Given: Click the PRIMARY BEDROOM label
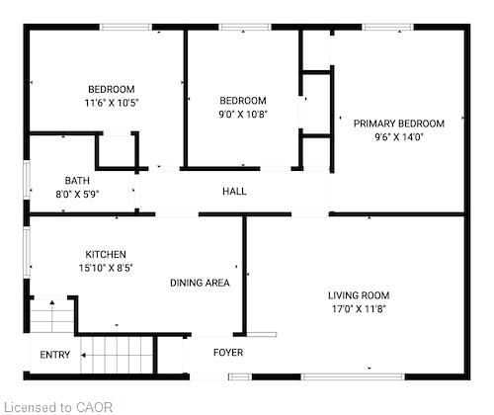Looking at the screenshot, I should click(399, 124).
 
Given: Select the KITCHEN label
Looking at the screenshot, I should click(106, 254).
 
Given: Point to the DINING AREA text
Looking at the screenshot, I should click(200, 283).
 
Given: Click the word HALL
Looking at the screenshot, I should click(234, 192).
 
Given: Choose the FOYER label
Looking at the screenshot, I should click(228, 353).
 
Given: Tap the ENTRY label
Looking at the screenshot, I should click(55, 356).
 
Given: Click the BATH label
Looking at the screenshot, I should click(76, 181).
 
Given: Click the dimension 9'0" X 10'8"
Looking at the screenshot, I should click(243, 114).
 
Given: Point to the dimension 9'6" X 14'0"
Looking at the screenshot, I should click(399, 137).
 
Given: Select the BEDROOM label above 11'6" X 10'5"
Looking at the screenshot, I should click(111, 89).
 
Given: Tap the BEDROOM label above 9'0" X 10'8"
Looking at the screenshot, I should click(243, 100).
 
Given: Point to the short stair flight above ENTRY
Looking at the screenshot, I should click(52, 318).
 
